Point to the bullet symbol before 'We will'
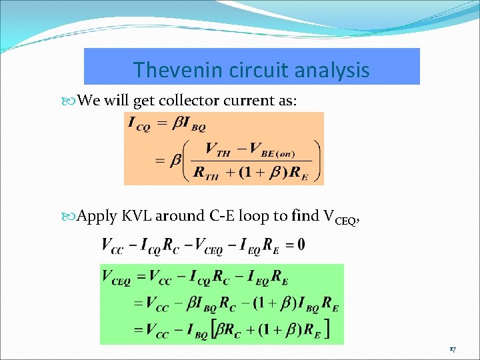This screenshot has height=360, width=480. point(72,101)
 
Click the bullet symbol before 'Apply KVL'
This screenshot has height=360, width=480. point(72,216)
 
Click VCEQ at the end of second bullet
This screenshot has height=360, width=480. point(341,217)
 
